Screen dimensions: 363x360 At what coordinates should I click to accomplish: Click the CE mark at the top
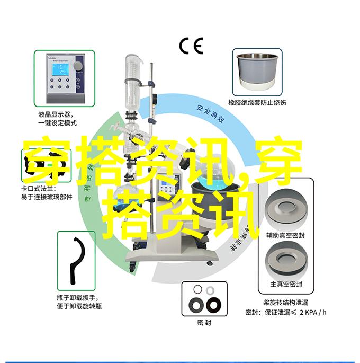click(x=191, y=47)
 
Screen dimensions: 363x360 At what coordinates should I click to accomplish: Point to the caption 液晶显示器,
click(x=56, y=114)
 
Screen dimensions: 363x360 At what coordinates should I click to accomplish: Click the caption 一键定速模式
click(x=57, y=123)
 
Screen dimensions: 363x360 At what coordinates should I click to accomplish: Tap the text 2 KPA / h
click(x=314, y=312)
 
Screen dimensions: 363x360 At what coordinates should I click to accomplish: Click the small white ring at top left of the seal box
click(x=197, y=289)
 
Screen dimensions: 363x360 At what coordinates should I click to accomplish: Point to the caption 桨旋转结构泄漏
click(x=286, y=303)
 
